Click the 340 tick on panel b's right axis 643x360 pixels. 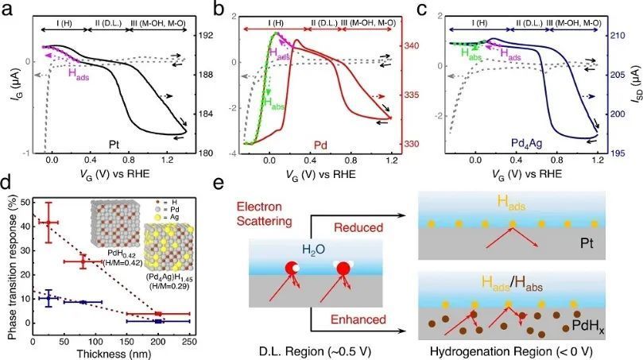[x=414, y=46]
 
